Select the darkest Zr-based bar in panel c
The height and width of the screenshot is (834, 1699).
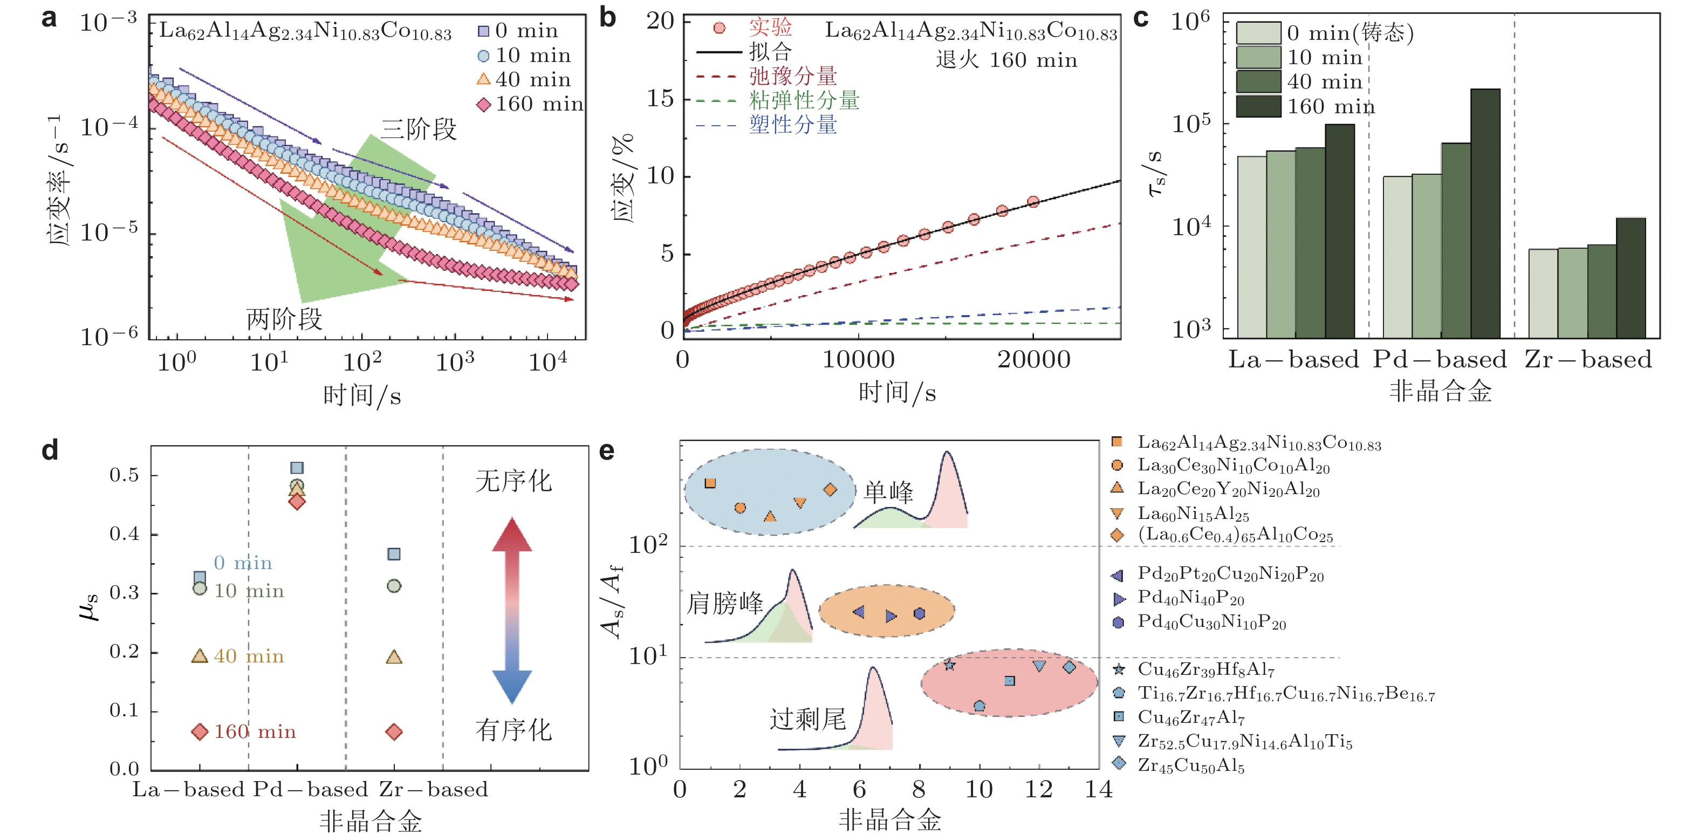pyautogui.click(x=1631, y=278)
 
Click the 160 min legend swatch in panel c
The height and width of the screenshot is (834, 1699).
pyautogui.click(x=1258, y=106)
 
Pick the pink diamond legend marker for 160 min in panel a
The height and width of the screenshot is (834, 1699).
pyautogui.click(x=483, y=104)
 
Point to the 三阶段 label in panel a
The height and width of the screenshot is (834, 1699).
pyautogui.click(x=418, y=129)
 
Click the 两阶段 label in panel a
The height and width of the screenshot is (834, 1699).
pyautogui.click(x=284, y=319)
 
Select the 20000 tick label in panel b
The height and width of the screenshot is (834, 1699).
pyautogui.click(x=1033, y=360)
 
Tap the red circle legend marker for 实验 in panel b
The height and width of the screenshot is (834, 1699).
pyautogui.click(x=719, y=28)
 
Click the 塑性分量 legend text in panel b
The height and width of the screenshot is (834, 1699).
pyautogui.click(x=793, y=125)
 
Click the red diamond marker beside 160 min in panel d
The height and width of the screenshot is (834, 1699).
pyautogui.click(x=199, y=732)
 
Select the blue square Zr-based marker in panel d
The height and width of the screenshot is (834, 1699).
pyautogui.click(x=394, y=553)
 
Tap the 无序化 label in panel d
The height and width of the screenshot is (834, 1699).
pyautogui.click(x=513, y=481)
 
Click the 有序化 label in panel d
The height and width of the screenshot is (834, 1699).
pyautogui.click(x=513, y=730)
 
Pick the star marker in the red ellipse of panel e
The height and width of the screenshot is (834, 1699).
pyautogui.click(x=949, y=665)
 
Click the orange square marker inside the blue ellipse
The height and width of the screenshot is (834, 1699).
pyautogui.click(x=710, y=483)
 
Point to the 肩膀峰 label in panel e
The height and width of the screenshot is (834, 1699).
pyautogui.click(x=724, y=603)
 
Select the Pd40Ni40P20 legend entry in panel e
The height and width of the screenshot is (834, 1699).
pyautogui.click(x=1190, y=598)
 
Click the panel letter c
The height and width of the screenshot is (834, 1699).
pyautogui.click(x=1140, y=18)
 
